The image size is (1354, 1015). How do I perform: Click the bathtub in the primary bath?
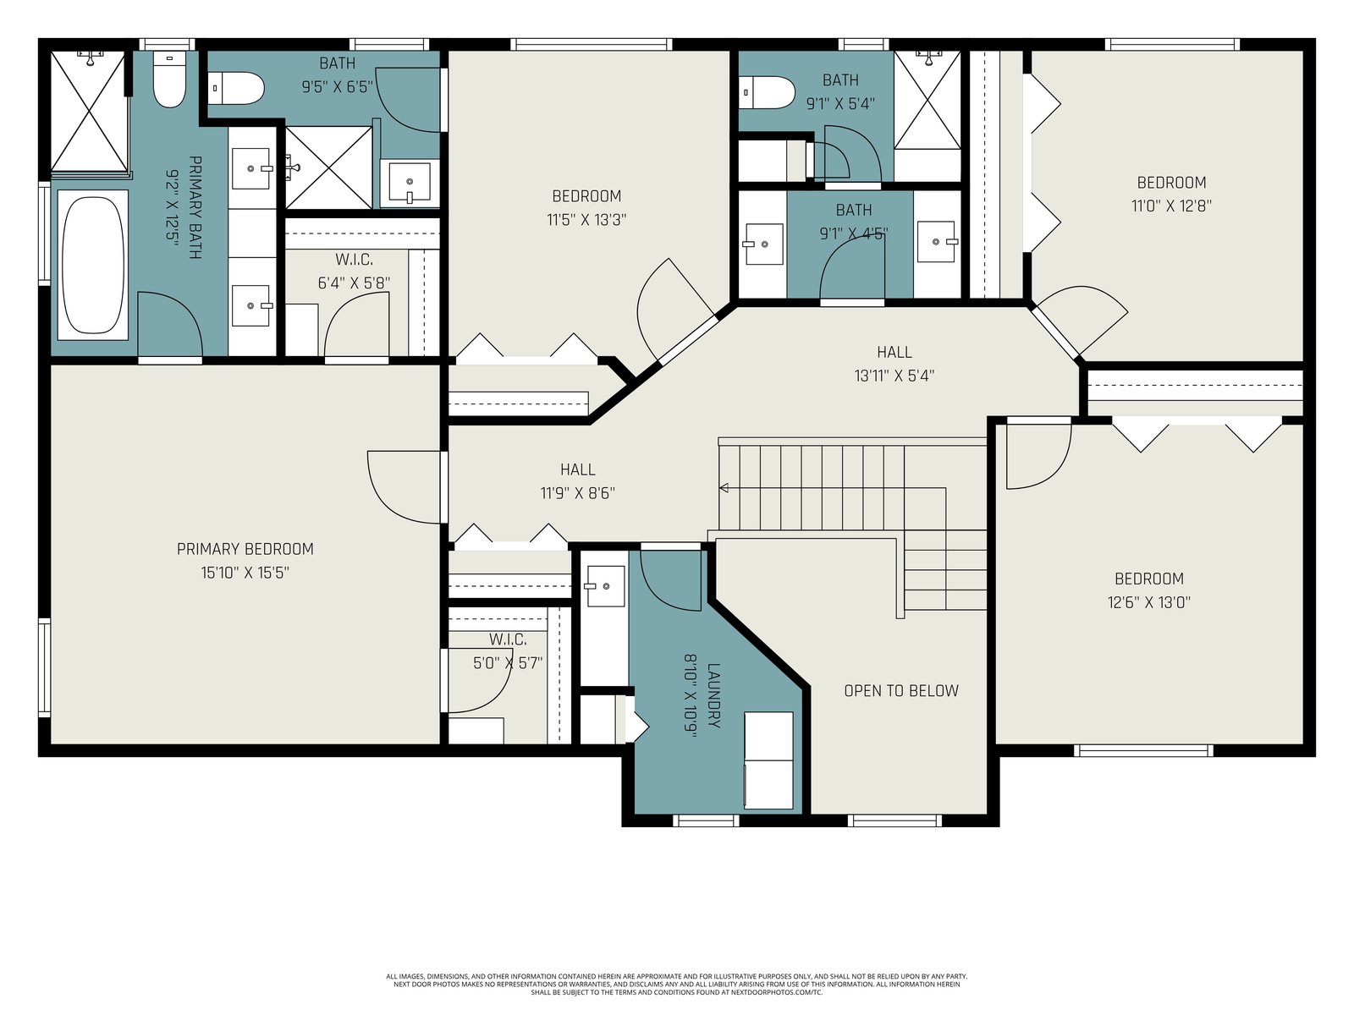coord(93,265)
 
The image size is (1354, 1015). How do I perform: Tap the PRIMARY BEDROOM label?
coord(245,549)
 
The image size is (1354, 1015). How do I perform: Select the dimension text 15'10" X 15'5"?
coord(245,573)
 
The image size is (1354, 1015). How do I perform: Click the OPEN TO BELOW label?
coord(901,691)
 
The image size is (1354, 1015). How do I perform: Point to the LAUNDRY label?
coord(713,695)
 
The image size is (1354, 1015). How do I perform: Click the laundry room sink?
coord(604,586)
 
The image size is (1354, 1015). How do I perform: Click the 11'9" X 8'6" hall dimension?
coord(577,493)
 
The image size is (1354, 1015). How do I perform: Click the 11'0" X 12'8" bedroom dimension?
coord(1171,206)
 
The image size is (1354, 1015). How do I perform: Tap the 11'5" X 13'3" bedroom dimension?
coord(586,219)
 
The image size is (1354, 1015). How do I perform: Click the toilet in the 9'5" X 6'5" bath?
coord(235,89)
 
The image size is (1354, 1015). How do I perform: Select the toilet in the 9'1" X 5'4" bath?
coord(767,93)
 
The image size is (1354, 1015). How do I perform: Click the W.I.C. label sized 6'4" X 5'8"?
coord(354,260)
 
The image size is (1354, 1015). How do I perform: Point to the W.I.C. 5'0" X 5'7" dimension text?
coord(508,663)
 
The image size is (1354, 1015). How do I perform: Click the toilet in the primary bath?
coord(169,80)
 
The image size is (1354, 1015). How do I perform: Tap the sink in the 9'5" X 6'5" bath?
coord(410,183)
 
